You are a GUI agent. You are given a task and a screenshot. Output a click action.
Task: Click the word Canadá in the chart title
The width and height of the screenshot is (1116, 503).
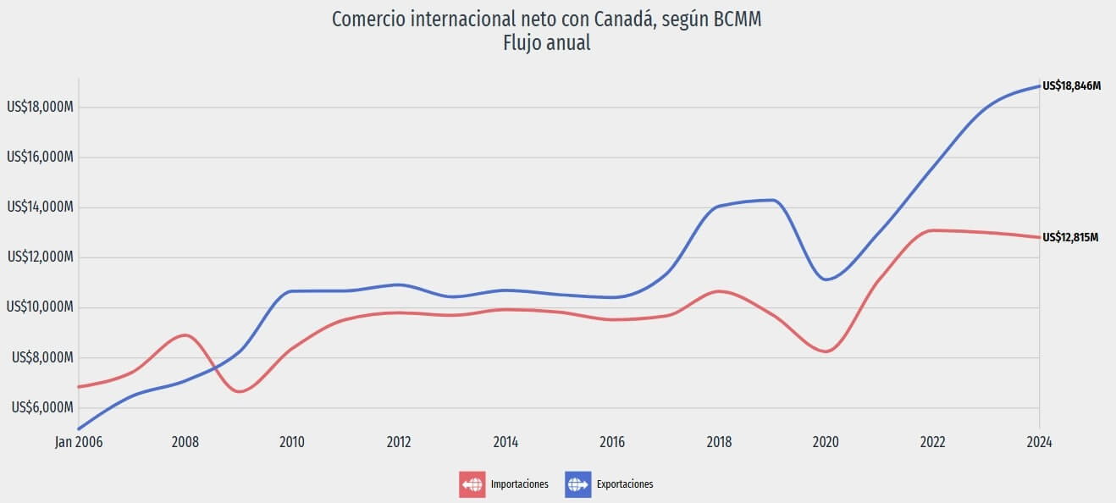pos(621,19)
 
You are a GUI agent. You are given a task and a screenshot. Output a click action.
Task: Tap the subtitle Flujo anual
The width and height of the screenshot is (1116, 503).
pos(546,43)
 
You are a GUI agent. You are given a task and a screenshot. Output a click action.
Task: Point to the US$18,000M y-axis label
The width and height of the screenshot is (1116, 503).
pos(40,108)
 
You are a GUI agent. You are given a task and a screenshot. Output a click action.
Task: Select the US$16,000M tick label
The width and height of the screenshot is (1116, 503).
pos(40,158)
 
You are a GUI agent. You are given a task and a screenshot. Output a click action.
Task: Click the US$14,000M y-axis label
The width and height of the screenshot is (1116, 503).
pos(40,207)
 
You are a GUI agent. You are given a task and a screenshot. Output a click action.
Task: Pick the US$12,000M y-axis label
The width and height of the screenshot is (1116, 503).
pos(40,257)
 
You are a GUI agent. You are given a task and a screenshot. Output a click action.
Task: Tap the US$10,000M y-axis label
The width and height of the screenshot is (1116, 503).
pos(40,307)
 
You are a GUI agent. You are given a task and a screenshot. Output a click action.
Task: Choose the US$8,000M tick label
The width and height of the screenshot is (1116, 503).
pos(43,357)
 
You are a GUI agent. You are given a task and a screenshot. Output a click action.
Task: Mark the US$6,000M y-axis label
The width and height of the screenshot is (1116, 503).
pos(43,407)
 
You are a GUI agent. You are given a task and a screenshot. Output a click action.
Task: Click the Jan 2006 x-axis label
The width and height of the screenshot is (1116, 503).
pos(79,441)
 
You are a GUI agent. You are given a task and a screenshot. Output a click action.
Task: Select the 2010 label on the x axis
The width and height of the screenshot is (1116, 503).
pos(292,441)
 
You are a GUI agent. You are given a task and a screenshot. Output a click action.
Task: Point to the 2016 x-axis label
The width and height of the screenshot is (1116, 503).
pos(612,441)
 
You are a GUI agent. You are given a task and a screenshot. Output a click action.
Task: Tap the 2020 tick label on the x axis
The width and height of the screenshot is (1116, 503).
pos(826,441)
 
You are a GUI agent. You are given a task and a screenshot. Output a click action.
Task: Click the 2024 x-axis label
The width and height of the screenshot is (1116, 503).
pos(1039,441)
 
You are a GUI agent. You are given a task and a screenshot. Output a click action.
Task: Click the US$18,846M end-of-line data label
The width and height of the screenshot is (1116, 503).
pos(1071,86)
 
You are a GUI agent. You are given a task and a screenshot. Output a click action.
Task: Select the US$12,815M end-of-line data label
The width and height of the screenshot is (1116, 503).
pos(1071,237)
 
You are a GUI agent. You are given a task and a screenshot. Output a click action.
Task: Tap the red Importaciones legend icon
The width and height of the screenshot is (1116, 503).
pos(472,484)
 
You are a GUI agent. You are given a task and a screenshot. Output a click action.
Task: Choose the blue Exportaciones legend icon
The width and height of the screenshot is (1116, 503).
pos(577,484)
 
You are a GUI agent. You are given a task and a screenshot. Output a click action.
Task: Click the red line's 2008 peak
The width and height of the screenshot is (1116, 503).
pos(186,335)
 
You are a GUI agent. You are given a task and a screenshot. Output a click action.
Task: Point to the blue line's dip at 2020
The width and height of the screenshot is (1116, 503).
pos(826,279)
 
